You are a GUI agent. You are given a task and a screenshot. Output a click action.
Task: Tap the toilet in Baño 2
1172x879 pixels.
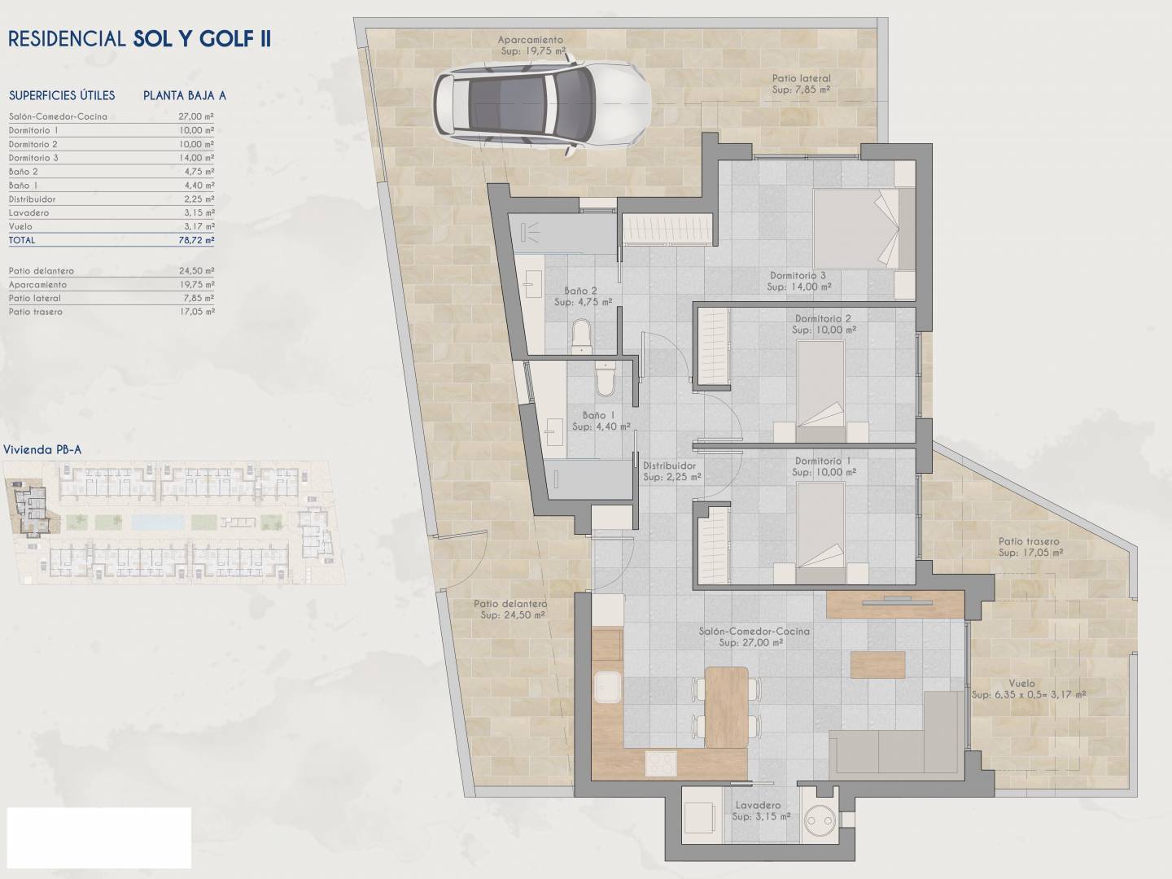(x=581, y=336)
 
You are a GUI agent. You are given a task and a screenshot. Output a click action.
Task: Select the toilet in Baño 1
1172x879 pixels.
(x=605, y=378)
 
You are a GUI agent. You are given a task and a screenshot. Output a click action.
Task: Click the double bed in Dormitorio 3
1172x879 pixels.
(x=856, y=228)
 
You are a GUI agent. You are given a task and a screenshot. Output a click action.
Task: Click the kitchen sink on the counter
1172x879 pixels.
(x=608, y=687)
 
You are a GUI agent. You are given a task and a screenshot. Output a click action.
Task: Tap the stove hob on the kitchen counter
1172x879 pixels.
(x=661, y=763)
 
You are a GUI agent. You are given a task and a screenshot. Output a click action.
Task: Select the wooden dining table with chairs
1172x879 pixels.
(x=726, y=707)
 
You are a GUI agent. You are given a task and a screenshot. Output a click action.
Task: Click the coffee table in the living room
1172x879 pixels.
(x=878, y=664)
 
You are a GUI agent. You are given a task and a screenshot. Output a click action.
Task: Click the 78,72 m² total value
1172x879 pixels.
(x=196, y=240)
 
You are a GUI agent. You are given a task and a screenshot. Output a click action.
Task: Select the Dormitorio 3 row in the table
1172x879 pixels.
(x=111, y=158)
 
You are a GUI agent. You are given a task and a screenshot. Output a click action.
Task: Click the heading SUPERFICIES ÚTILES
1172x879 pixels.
(x=62, y=95)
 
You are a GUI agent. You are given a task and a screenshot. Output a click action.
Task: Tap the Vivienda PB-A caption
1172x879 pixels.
(x=42, y=450)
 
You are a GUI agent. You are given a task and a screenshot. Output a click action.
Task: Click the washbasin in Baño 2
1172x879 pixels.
(x=532, y=284)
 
